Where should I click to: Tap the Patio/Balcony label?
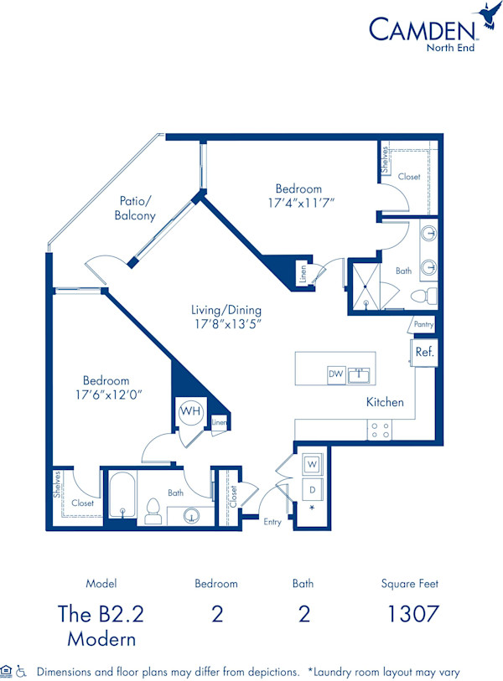135,209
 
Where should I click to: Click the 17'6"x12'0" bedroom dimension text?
106,395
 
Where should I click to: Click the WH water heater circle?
189,412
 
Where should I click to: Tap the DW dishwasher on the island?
336,374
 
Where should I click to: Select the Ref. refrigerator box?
425,352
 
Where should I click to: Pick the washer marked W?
310,463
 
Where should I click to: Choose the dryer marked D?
310,488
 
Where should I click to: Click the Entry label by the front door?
272,522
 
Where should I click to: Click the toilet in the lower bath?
153,511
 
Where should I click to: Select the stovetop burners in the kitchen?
380,430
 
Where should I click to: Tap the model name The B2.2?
101,614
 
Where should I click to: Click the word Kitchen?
385,402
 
